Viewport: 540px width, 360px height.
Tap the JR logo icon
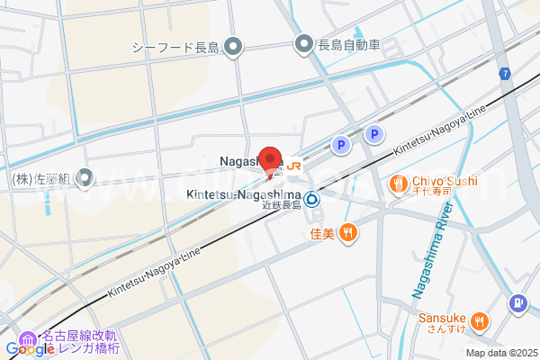[294, 166]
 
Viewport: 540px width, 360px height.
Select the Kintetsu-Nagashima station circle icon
[311, 199]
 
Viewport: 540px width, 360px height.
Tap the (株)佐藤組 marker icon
[85, 179]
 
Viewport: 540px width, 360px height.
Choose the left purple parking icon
[340, 143]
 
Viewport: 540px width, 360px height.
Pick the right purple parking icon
[374, 134]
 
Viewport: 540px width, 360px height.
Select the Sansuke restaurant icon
[480, 319]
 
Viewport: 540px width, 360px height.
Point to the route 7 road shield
[507, 72]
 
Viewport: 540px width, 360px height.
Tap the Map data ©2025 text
[500, 352]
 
